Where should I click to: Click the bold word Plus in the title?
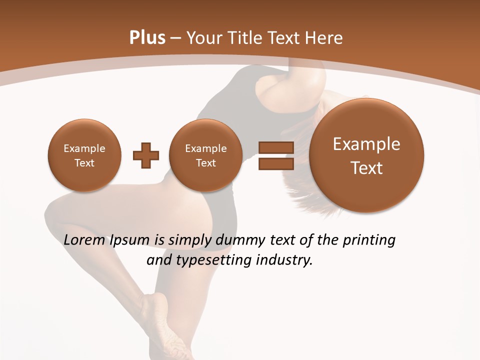(x=147, y=38)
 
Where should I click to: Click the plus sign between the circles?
(x=145, y=155)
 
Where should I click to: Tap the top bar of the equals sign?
(x=275, y=147)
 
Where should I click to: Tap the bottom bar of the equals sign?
(x=275, y=163)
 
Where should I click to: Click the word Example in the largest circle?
(x=366, y=144)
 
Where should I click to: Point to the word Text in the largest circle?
(x=366, y=168)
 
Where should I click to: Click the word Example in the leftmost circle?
(x=84, y=148)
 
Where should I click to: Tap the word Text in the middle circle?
(x=205, y=163)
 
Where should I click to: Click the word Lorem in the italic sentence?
(x=84, y=240)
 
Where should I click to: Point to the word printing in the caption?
(x=368, y=240)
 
